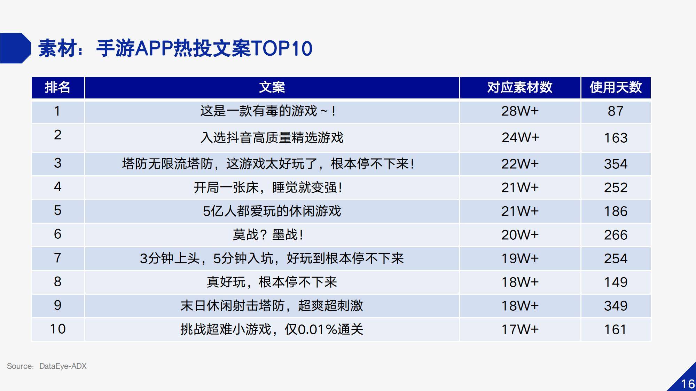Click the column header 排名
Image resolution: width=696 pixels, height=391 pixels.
[x=57, y=87]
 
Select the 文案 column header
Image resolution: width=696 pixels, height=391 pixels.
[x=272, y=87]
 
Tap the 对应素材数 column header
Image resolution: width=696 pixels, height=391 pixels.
[x=520, y=87]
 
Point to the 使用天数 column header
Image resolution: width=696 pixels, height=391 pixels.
[x=616, y=87]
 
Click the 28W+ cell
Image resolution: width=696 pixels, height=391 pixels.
[x=520, y=111]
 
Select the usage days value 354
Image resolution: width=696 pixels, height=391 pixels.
[x=616, y=164]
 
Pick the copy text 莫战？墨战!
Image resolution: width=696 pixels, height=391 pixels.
[x=268, y=235]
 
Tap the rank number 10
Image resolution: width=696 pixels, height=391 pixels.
[x=58, y=329]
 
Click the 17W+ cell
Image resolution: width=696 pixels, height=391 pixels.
[x=520, y=329]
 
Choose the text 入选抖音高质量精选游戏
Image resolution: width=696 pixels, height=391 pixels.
[x=272, y=138]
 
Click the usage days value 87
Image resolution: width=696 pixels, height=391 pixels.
[x=616, y=111]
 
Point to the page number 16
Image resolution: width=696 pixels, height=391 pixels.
[x=688, y=384]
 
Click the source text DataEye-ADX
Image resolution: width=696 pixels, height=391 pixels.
[x=63, y=366]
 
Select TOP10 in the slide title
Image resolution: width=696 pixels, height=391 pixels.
[x=281, y=48]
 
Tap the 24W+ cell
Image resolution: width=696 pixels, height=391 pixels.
[x=520, y=137]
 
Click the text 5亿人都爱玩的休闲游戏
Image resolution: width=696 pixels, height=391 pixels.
[x=272, y=211]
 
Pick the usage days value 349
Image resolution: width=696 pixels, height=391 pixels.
[x=616, y=306]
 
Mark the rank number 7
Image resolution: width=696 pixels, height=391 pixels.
[x=58, y=258]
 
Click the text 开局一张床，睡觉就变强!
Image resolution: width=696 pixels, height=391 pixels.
[x=268, y=187]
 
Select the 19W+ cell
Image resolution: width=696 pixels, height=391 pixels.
[x=520, y=258]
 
